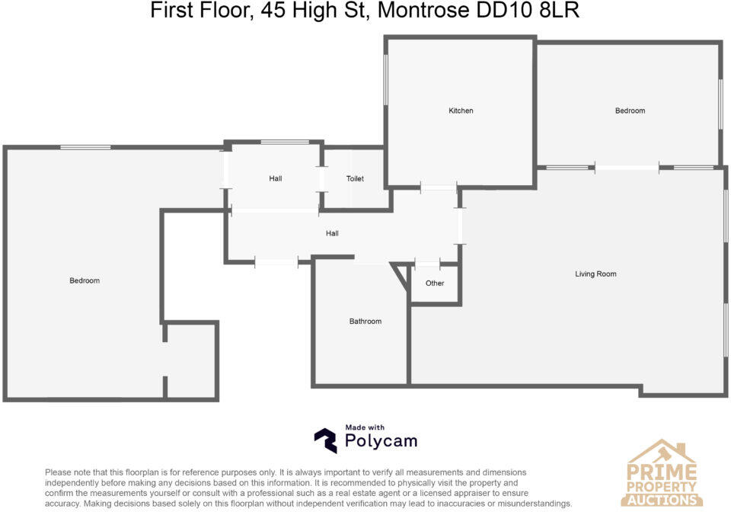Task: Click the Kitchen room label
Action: (x=461, y=111)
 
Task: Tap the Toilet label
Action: (x=355, y=179)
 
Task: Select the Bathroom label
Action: (x=365, y=322)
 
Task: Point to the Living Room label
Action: (x=595, y=274)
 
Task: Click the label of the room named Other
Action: (x=435, y=283)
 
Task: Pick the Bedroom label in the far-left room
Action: (x=85, y=281)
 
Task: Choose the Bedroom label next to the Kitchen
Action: (x=630, y=111)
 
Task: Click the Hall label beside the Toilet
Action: (x=275, y=179)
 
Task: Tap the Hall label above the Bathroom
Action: (x=332, y=234)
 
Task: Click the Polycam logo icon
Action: (x=325, y=440)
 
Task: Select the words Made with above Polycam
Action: (x=365, y=428)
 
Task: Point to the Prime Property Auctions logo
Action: (x=661, y=474)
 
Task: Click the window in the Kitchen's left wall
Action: (x=386, y=79)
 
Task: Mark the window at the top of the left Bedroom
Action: (x=85, y=147)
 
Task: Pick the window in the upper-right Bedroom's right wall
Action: (x=720, y=103)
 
